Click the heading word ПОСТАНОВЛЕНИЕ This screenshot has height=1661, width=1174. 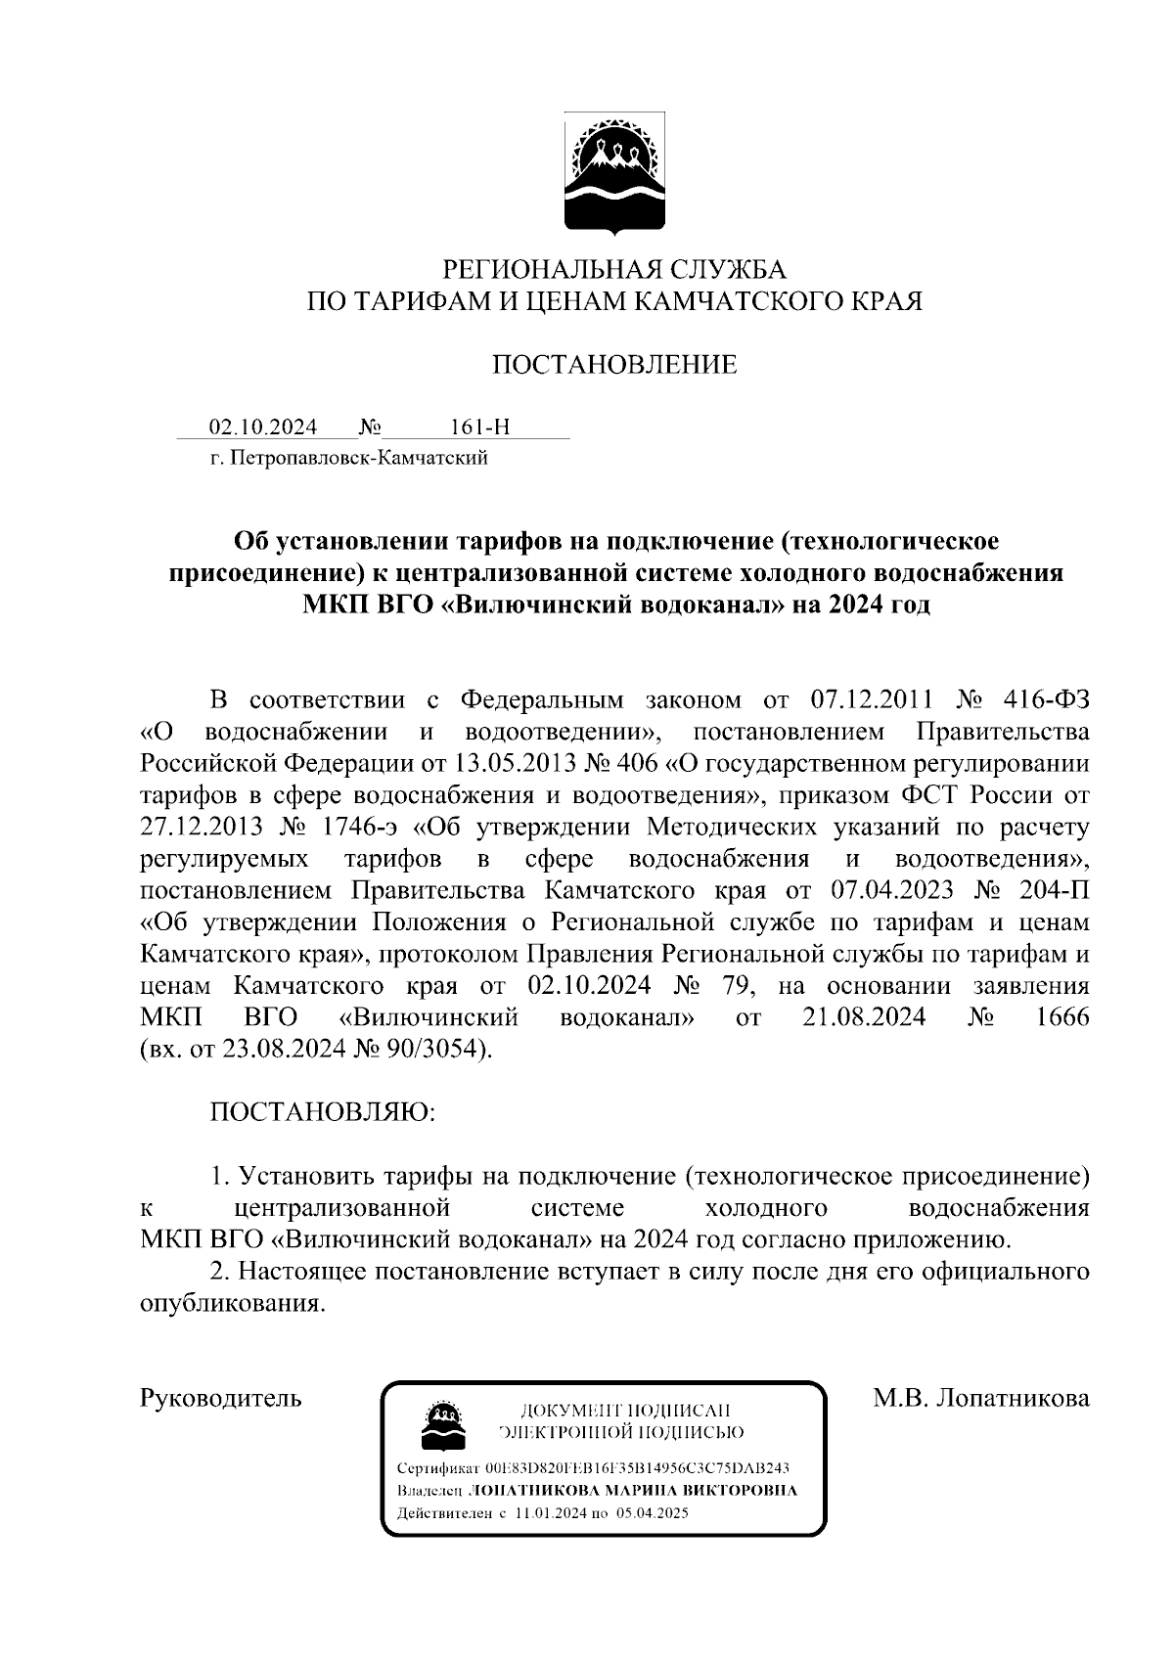point(613,365)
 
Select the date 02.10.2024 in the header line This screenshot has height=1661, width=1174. point(263,427)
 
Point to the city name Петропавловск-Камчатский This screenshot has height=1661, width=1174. point(358,457)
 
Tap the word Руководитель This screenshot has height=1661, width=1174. point(221,1398)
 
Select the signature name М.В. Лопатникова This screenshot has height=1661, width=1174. point(980,1398)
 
